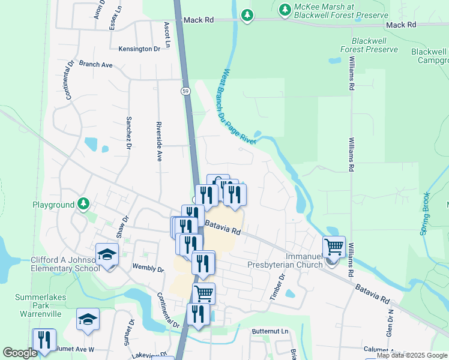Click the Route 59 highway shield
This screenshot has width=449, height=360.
tap(187, 91)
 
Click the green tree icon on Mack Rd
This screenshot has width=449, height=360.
tap(247, 16)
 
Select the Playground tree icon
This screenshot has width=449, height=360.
tap(83, 205)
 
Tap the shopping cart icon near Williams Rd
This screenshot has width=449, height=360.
tap(334, 247)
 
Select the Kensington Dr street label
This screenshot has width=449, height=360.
tap(139, 49)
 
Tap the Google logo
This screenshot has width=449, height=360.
tap(20, 353)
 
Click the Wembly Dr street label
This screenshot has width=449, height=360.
tap(148, 268)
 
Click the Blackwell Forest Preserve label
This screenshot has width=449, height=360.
tap(369, 44)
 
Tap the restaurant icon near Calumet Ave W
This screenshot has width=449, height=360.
tap(44, 340)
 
